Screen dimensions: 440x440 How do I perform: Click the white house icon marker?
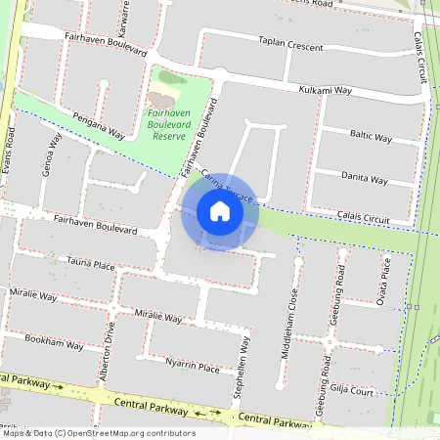point(219,211)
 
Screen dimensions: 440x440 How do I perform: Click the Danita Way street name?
point(364,178)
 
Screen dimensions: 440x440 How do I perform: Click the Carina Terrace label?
point(227,186)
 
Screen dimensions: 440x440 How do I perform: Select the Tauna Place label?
point(91,264)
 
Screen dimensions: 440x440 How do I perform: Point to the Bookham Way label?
point(54,344)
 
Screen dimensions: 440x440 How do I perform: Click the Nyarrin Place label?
point(192,367)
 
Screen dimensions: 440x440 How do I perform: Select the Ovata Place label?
point(386,281)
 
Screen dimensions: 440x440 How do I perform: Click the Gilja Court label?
point(351,391)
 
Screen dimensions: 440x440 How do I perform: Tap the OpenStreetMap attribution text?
point(98,432)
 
